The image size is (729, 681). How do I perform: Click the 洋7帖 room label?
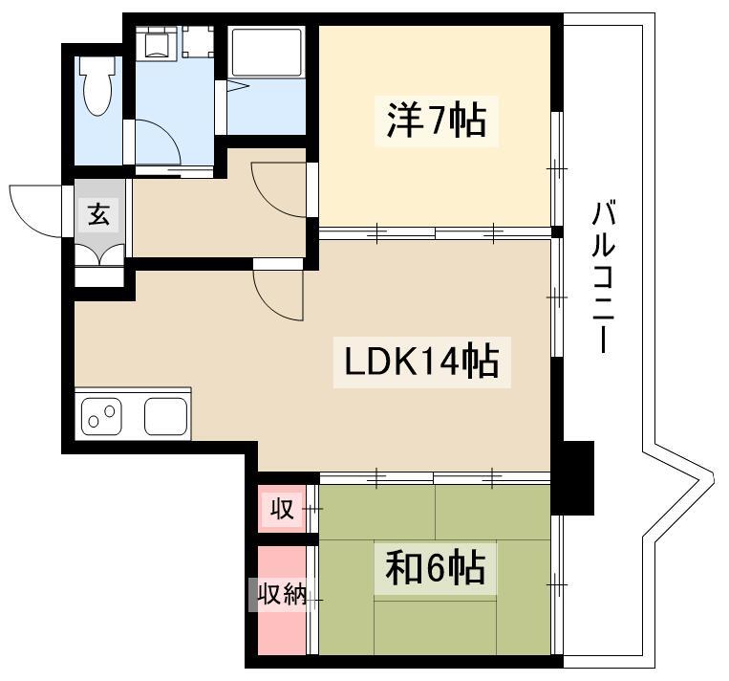[x=436, y=121]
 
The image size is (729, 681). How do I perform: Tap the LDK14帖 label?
[x=421, y=362]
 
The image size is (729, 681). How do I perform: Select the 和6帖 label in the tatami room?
[x=435, y=568]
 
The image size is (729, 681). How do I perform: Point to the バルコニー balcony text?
[x=604, y=277]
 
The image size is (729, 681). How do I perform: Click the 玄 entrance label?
[x=99, y=214]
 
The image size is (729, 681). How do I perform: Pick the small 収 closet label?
[x=282, y=508]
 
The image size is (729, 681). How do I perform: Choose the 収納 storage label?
[x=282, y=593]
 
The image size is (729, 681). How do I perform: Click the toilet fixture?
[x=97, y=86]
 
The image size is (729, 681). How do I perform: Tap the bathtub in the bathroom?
[x=267, y=52]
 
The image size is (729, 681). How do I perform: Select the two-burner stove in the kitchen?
[x=102, y=416]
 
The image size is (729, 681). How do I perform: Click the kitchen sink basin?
[x=166, y=416]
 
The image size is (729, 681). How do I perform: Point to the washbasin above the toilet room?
[x=157, y=42]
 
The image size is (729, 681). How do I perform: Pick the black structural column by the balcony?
[x=573, y=478]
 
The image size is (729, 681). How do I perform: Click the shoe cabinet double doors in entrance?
[x=99, y=255]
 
